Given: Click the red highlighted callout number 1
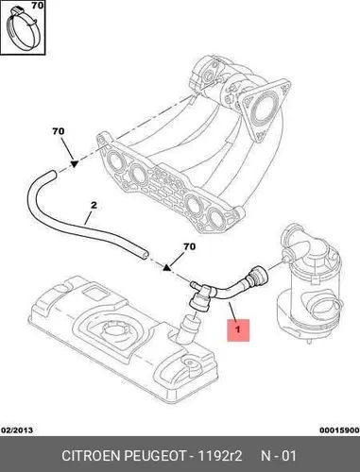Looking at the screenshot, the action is pyautogui.click(x=238, y=329).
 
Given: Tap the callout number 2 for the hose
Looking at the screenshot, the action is pyautogui.click(x=94, y=206).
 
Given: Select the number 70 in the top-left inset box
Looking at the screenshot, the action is pyautogui.click(x=38, y=6).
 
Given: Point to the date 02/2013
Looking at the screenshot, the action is pyautogui.click(x=17, y=430).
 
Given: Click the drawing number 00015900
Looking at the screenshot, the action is pyautogui.click(x=339, y=430).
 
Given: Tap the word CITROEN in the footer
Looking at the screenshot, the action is pyautogui.click(x=91, y=456).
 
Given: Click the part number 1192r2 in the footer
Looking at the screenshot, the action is pyautogui.click(x=219, y=456).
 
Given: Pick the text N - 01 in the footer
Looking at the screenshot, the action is pyautogui.click(x=279, y=456).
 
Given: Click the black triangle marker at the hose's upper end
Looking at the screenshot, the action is pyautogui.click(x=74, y=163).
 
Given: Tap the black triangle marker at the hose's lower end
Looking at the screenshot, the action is pyautogui.click(x=166, y=267).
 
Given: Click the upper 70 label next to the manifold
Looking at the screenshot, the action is pyautogui.click(x=59, y=131).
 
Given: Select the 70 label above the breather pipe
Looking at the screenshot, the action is pyautogui.click(x=189, y=246).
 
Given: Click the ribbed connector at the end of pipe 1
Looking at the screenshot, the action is pyautogui.click(x=258, y=275).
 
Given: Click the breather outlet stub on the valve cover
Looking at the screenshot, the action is pyautogui.click(x=188, y=330).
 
